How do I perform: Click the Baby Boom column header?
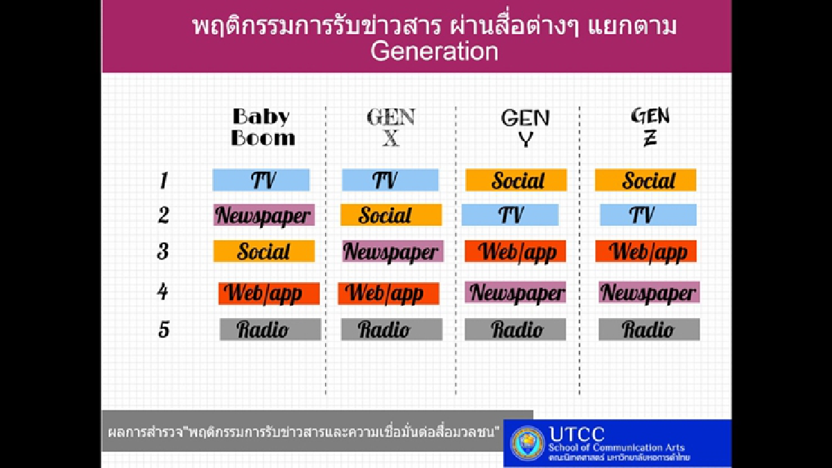pos(262,127)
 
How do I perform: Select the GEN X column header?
pos(391,128)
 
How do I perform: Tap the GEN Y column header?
pos(525,128)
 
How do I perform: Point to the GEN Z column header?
pos(650,127)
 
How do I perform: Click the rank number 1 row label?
pos(164,181)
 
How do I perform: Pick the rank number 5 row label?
pos(164,329)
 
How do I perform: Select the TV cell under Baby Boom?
pos(261,180)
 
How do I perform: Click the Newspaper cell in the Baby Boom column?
pos(263,215)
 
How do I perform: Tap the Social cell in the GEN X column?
pos(390,215)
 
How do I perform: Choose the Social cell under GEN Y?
pos(516,180)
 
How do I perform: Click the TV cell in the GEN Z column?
pos(648,215)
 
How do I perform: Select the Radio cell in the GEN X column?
pos(391,329)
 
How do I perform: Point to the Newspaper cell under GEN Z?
pos(649,293)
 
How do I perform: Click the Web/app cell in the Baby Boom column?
pos(269,293)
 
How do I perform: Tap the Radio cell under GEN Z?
pos(649,329)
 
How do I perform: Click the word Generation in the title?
pos(434,51)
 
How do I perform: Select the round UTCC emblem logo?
pos(528,443)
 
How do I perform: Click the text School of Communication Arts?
pos(616,447)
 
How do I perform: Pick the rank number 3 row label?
pos(163,251)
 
